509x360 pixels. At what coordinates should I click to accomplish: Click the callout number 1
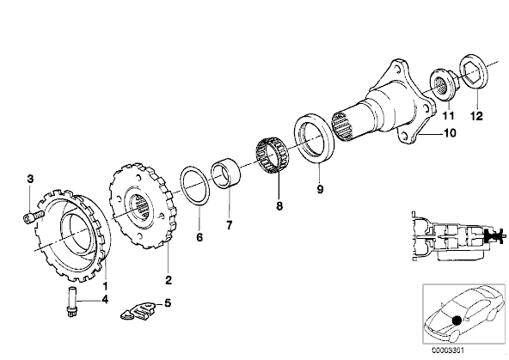point(105,284)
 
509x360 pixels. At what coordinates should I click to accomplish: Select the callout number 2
point(169,280)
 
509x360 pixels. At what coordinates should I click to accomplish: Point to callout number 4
point(105,300)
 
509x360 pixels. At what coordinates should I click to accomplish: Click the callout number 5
point(167,302)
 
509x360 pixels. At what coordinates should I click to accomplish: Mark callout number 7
point(229,227)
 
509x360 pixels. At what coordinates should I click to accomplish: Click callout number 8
point(279,206)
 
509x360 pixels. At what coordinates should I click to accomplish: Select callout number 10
point(450,133)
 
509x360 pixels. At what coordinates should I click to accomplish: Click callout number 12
point(475,115)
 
